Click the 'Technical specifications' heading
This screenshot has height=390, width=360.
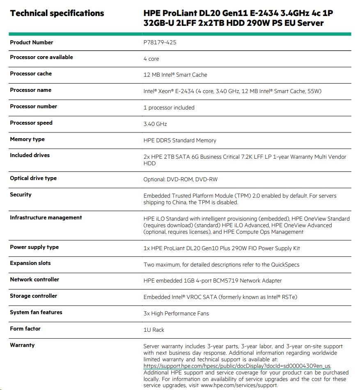[57, 13]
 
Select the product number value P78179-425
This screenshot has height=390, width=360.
[160, 42]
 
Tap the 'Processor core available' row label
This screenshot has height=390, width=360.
[41, 57]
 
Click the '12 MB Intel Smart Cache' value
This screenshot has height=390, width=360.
[175, 75]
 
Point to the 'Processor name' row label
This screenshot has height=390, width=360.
[31, 90]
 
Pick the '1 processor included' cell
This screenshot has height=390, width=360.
[169, 108]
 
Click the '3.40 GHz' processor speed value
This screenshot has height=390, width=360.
[155, 124]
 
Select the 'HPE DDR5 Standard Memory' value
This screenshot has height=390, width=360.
[180, 140]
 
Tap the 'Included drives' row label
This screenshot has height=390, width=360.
[30, 155]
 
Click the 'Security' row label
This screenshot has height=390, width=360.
[21, 195]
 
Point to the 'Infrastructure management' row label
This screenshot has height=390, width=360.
[46, 218]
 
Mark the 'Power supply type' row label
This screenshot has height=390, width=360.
[34, 247]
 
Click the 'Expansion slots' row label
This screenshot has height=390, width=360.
[30, 263]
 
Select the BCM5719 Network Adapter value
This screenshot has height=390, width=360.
[213, 281]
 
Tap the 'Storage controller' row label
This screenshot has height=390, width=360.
[34, 296]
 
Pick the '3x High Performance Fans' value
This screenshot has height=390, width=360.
[176, 314]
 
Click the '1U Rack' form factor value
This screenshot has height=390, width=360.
[154, 330]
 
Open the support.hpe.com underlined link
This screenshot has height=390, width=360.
[237, 366]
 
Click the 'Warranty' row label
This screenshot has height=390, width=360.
[23, 345]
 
